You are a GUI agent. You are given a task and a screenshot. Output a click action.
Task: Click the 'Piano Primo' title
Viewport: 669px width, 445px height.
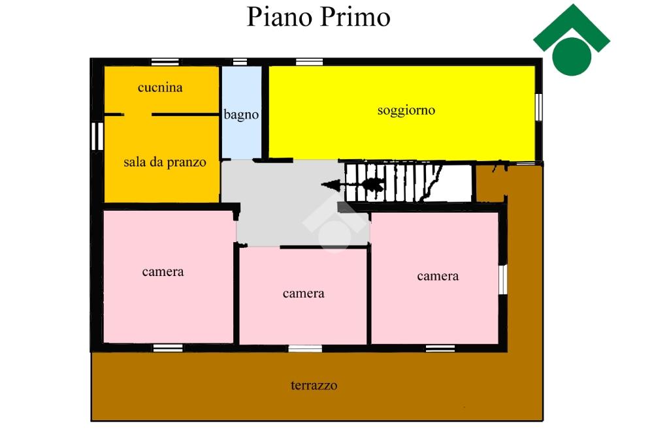tap(318, 18)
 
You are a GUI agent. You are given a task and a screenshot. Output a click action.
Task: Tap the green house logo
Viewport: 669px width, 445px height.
tap(572, 40)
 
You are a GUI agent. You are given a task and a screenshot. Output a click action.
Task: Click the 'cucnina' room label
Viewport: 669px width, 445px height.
tap(160, 87)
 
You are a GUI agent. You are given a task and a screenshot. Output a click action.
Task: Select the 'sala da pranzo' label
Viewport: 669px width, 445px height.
tap(165, 162)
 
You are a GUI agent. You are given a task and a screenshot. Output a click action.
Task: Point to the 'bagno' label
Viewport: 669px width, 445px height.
tap(241, 114)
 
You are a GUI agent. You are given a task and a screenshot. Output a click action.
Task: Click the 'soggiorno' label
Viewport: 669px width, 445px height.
tap(406, 110)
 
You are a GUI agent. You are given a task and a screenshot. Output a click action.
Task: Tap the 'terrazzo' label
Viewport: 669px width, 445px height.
tap(314, 386)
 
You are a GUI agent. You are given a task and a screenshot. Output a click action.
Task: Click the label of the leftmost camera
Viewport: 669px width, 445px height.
tap(163, 272)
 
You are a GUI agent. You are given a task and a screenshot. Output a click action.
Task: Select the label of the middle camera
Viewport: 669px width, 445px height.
tap(303, 293)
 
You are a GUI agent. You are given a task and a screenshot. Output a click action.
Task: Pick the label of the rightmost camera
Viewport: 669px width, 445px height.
tap(438, 276)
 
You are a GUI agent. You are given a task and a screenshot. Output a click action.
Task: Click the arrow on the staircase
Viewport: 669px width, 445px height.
tap(353, 185)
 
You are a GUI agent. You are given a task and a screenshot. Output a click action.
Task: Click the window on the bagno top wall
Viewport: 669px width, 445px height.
tap(240, 62)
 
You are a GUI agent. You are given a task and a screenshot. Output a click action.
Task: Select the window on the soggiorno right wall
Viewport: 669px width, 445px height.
tap(539, 107)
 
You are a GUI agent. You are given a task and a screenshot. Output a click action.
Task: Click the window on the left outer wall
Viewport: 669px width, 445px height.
tap(97, 136)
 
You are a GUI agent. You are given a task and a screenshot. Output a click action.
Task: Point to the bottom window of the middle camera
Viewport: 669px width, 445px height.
tap(305, 348)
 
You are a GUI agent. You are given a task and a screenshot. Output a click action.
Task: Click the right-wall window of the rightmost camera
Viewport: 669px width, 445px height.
tap(503, 280)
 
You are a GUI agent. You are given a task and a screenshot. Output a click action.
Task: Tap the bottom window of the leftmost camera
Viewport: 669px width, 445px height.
tap(168, 348)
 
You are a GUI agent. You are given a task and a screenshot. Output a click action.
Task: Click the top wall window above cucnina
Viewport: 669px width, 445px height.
tap(165, 62)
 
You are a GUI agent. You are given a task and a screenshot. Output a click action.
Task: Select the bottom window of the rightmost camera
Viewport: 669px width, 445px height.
tap(440, 348)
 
